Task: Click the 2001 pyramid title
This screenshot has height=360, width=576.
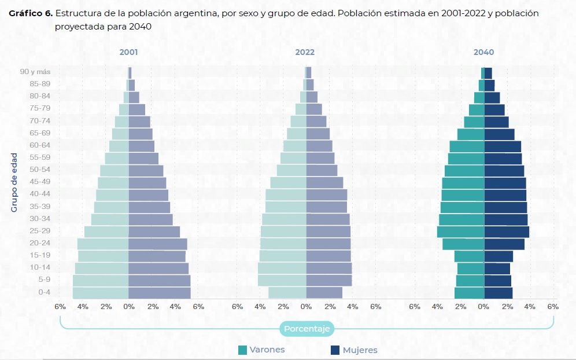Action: point(128,52)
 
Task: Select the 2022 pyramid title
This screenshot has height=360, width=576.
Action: point(305,52)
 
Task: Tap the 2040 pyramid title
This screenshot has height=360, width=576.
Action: point(483,52)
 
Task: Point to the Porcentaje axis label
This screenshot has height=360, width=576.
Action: point(307,329)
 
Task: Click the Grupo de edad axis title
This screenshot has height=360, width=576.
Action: point(14,182)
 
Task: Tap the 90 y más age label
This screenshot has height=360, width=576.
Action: point(35,72)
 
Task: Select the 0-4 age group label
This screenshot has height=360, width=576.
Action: point(44,292)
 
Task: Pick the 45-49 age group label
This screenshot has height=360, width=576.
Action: point(40,182)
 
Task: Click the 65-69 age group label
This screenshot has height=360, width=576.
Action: point(40,133)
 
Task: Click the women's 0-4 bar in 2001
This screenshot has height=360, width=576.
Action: point(159,293)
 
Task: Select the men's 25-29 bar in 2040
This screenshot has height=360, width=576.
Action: point(460,232)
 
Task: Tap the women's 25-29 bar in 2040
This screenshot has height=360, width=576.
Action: point(506,232)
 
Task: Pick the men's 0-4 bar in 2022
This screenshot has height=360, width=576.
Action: point(287,293)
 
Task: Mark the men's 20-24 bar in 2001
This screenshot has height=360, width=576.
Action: point(103,244)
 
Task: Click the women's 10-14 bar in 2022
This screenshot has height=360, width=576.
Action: point(328,268)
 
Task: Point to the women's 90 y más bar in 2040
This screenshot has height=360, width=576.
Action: point(488,73)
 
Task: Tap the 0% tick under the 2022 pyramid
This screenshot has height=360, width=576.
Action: point(305,307)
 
